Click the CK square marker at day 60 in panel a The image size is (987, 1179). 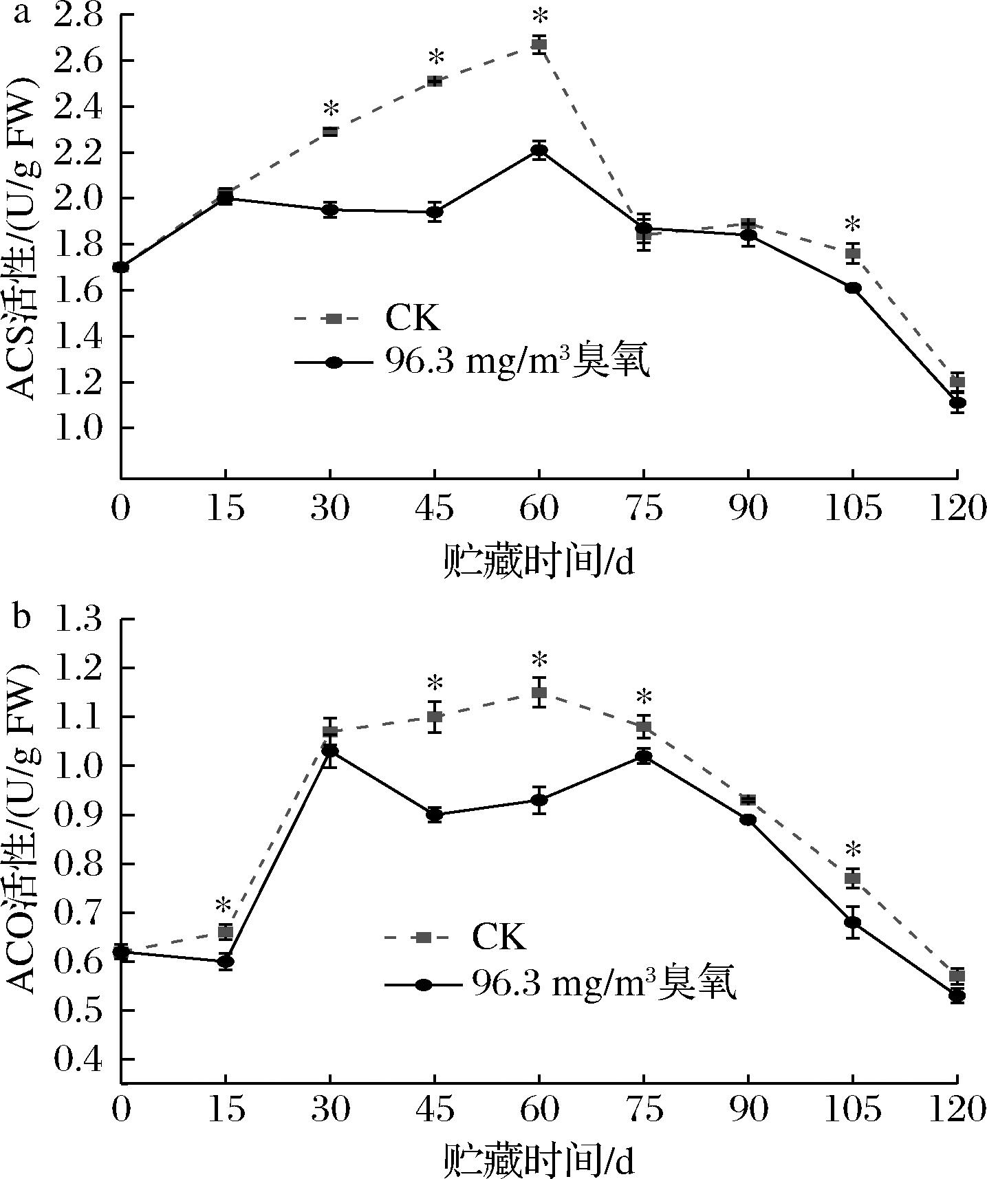tap(539, 45)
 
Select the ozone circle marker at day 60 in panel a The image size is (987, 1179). tap(539, 151)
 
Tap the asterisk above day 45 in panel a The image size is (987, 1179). tap(435, 58)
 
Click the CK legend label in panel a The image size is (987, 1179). tap(411, 318)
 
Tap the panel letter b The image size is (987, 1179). tap(21, 617)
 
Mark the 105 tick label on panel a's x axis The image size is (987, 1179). tap(853, 509)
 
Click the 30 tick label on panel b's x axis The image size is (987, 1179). tap(330, 1111)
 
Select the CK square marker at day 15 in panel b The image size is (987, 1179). tap(226, 932)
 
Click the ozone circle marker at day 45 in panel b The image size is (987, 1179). tap(435, 814)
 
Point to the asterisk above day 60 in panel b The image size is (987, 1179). tap(539, 662)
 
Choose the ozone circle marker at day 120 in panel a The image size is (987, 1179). tap(957, 403)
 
